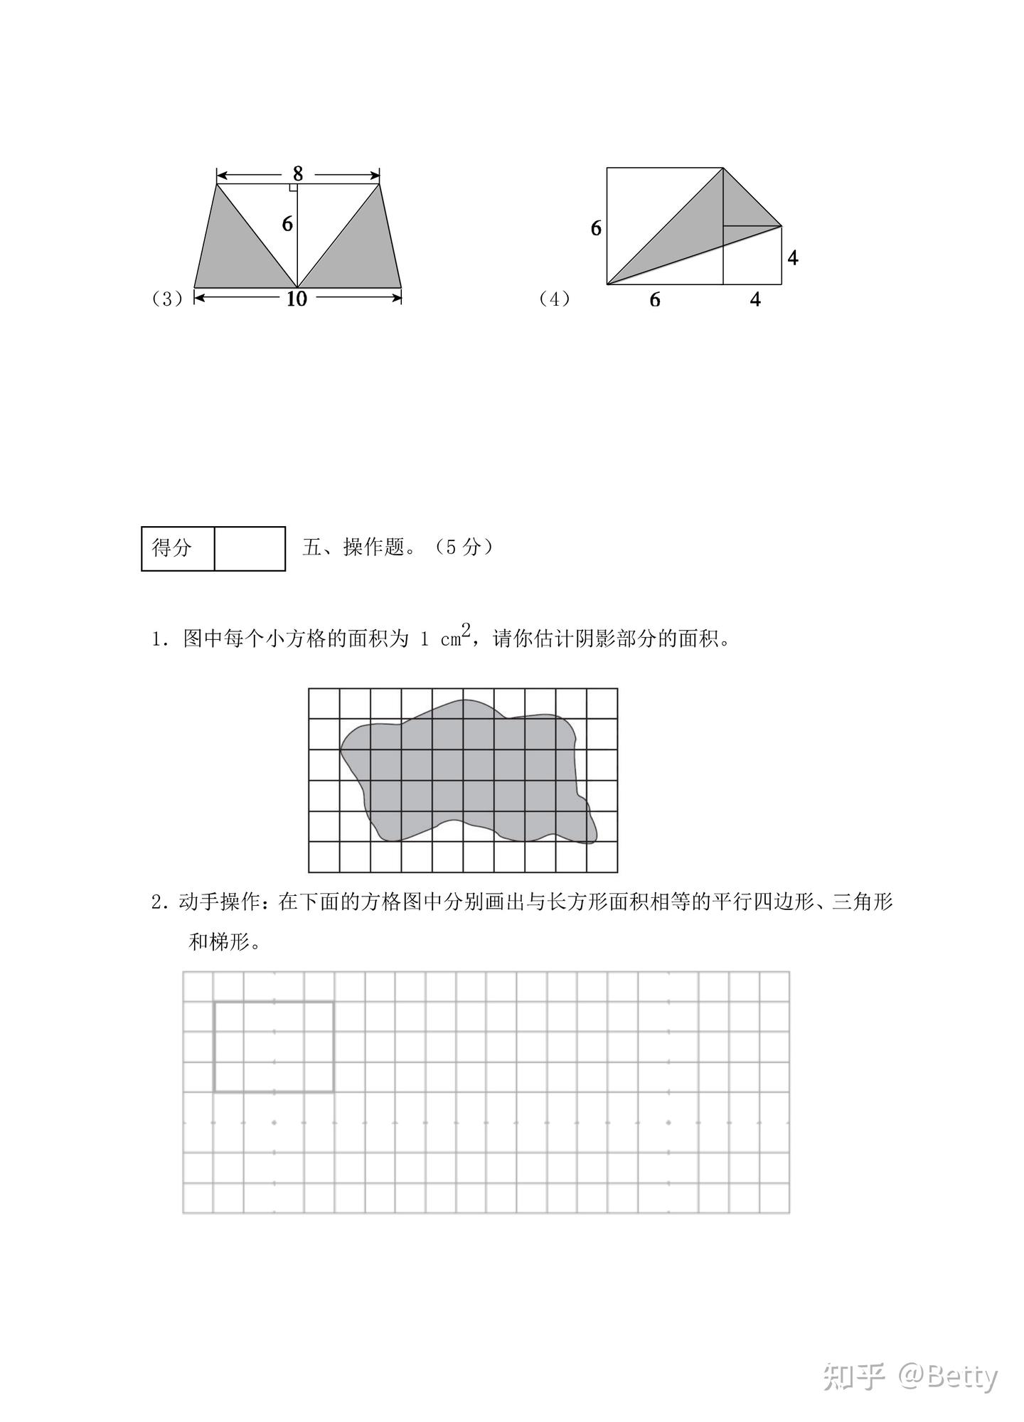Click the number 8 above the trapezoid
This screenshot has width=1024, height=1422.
[x=297, y=173]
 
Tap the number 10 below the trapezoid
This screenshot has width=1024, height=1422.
[x=297, y=299]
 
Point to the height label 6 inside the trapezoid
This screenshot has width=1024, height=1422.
[x=287, y=224]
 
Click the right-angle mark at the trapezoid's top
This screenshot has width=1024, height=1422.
[x=293, y=188]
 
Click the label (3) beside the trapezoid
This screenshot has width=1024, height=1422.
[x=168, y=299]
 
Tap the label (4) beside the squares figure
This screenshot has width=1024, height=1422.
[x=555, y=299]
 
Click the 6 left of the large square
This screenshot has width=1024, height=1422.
[x=596, y=228]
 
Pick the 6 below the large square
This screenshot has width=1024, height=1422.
[x=655, y=300]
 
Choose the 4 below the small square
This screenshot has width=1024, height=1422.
[x=755, y=300]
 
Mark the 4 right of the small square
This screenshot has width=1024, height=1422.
[x=793, y=257]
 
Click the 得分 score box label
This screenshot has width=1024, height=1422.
[x=172, y=547]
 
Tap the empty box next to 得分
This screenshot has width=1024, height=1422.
[x=250, y=548]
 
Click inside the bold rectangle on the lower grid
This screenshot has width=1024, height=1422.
[x=274, y=1047]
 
